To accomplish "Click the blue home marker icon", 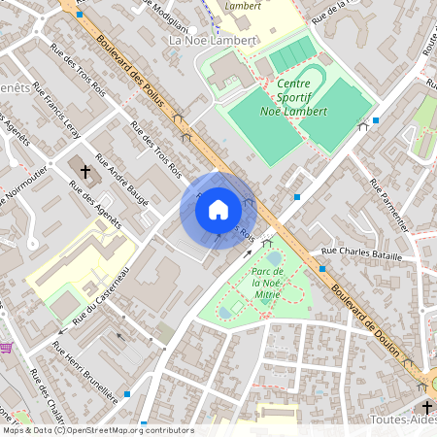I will [218, 210].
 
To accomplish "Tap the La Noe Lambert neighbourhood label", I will [213, 41].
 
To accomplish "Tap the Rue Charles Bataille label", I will [360, 252].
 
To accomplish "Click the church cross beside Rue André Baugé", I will [84, 173].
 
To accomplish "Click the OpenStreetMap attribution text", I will [97, 430].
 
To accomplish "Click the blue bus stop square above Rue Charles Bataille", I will [297, 198].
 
